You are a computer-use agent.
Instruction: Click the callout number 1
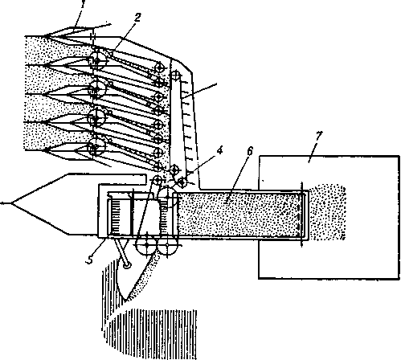(83, 4)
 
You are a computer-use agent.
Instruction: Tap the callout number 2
(137, 18)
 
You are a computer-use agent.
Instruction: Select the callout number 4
(219, 151)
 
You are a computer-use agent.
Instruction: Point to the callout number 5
(90, 260)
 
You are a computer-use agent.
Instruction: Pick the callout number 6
(250, 151)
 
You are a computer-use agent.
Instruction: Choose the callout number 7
(318, 136)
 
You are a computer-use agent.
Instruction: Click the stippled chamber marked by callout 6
(239, 215)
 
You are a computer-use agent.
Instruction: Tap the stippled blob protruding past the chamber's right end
(327, 212)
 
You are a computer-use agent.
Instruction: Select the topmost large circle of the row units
(97, 60)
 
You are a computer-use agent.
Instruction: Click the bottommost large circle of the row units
(96, 147)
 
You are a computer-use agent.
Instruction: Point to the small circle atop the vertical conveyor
(175, 75)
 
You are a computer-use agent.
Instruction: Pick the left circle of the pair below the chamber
(146, 245)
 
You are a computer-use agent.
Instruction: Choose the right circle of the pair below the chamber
(167, 245)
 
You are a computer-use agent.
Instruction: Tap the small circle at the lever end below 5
(127, 265)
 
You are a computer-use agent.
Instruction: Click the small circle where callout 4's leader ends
(182, 182)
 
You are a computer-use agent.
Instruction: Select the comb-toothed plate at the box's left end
(114, 218)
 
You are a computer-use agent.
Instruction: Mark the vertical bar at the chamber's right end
(302, 215)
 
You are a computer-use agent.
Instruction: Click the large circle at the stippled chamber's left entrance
(168, 198)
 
